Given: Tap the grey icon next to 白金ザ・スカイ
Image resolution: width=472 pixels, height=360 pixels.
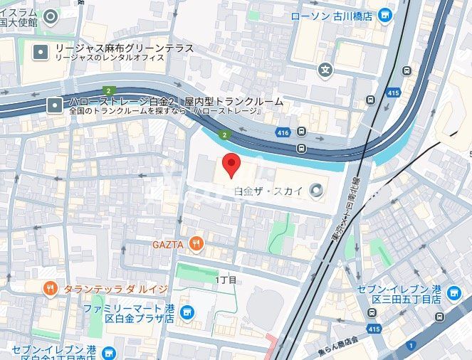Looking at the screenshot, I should click(317, 189).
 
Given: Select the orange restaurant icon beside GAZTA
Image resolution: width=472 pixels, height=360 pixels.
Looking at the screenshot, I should click(197, 245).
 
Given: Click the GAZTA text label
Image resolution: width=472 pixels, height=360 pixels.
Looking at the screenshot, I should click(168, 245).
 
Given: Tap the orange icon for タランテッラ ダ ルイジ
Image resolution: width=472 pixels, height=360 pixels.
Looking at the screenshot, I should click(49, 288).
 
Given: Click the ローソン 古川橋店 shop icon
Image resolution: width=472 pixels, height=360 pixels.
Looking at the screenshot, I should click(385, 15).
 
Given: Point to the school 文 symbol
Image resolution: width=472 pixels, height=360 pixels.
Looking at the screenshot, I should click(325, 70).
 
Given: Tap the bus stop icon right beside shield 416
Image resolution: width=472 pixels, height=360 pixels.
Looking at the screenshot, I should click(301, 132).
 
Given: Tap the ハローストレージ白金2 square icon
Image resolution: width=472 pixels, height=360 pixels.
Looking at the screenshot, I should click(55, 106).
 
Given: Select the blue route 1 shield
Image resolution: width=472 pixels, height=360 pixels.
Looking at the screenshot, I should click(410, 346).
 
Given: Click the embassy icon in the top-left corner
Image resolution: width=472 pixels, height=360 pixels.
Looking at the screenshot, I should click(49, 16).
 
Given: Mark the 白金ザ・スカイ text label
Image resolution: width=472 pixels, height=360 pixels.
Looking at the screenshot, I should click(270, 190).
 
